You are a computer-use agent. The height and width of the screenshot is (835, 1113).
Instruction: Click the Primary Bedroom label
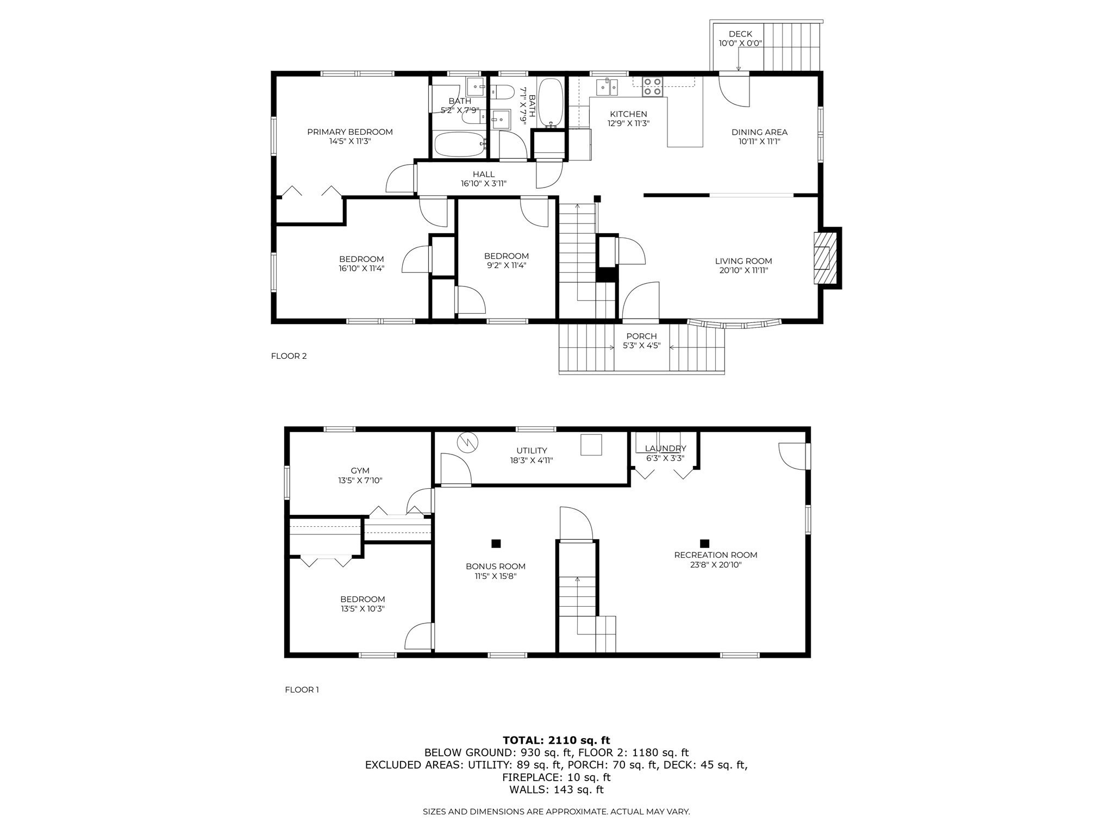(349, 132)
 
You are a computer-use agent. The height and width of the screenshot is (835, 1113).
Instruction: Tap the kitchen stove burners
(653, 86)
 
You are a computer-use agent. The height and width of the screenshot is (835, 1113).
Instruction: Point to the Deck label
(740, 34)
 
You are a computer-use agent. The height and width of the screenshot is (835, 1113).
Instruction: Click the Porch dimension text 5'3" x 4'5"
(641, 345)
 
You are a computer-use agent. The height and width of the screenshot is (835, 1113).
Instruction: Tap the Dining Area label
(759, 132)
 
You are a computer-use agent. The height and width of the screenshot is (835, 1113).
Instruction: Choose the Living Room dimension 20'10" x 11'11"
(743, 270)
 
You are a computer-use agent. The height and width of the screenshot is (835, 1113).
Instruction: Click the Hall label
(483, 174)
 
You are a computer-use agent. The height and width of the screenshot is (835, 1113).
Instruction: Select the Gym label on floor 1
(360, 471)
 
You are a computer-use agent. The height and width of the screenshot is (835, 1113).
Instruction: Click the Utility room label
(532, 450)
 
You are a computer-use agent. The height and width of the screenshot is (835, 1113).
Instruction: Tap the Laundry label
(665, 448)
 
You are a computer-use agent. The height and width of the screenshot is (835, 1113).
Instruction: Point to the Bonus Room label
(495, 566)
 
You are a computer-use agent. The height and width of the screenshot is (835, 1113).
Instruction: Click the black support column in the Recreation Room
(704, 543)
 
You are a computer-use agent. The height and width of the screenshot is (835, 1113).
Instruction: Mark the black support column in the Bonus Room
(496, 543)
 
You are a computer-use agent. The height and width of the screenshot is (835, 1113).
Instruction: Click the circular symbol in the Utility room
(468, 441)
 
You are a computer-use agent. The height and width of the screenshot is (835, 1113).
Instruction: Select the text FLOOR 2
(289, 356)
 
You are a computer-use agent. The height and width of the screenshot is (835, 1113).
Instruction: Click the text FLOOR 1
(302, 690)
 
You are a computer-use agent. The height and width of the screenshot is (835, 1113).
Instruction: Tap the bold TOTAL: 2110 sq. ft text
(556, 740)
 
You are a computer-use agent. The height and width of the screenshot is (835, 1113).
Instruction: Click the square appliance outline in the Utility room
(591, 445)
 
